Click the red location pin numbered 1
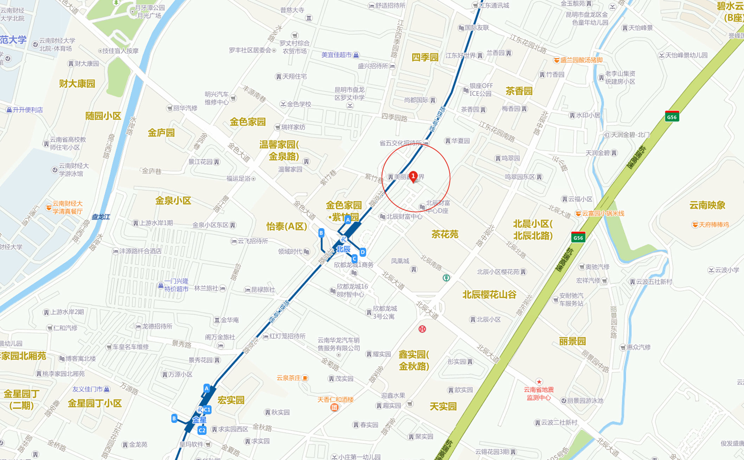(x=413, y=176)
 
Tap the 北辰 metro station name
(x=343, y=249)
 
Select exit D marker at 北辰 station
(x=363, y=252)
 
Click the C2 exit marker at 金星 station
(x=202, y=430)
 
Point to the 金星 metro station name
(x=199, y=420)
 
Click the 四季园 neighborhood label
(x=425, y=57)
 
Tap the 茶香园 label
(x=519, y=91)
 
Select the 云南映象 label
(x=707, y=205)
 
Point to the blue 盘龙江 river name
(x=101, y=217)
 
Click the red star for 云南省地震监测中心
(x=539, y=382)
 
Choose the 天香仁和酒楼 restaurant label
(x=335, y=400)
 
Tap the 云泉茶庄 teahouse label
(x=289, y=378)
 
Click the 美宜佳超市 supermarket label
(x=336, y=55)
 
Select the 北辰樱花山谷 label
(x=489, y=294)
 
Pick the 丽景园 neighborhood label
(x=572, y=341)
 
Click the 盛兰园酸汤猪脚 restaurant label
(x=582, y=60)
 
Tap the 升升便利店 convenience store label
(x=28, y=110)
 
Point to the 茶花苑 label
(x=444, y=234)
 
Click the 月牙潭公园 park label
(x=150, y=8)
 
